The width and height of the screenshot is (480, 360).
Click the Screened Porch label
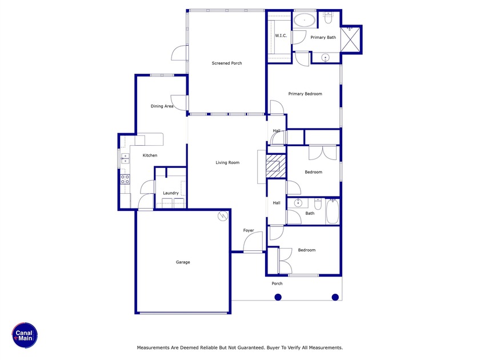pos(227,63)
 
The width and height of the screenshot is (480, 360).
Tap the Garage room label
pos(183,262)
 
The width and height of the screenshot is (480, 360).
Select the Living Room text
pos(227,163)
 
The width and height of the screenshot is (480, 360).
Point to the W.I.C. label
pos(281,36)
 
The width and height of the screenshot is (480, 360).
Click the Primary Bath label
pos(323,38)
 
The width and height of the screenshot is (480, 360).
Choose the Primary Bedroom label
pos(305,94)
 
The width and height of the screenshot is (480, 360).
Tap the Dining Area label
pos(162,106)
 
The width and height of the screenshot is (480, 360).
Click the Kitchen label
pos(150,155)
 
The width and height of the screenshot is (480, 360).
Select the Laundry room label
pos(171,193)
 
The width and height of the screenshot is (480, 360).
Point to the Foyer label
pos(249,231)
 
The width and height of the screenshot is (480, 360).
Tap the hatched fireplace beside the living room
pos(275,166)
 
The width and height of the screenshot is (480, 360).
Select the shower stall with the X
pos(351,38)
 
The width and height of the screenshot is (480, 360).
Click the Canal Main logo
pos(25,335)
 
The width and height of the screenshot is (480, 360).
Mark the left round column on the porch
pos(278,297)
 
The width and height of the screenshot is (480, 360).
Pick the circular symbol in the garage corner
pos(222,216)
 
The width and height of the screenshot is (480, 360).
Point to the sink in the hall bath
pos(297,203)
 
